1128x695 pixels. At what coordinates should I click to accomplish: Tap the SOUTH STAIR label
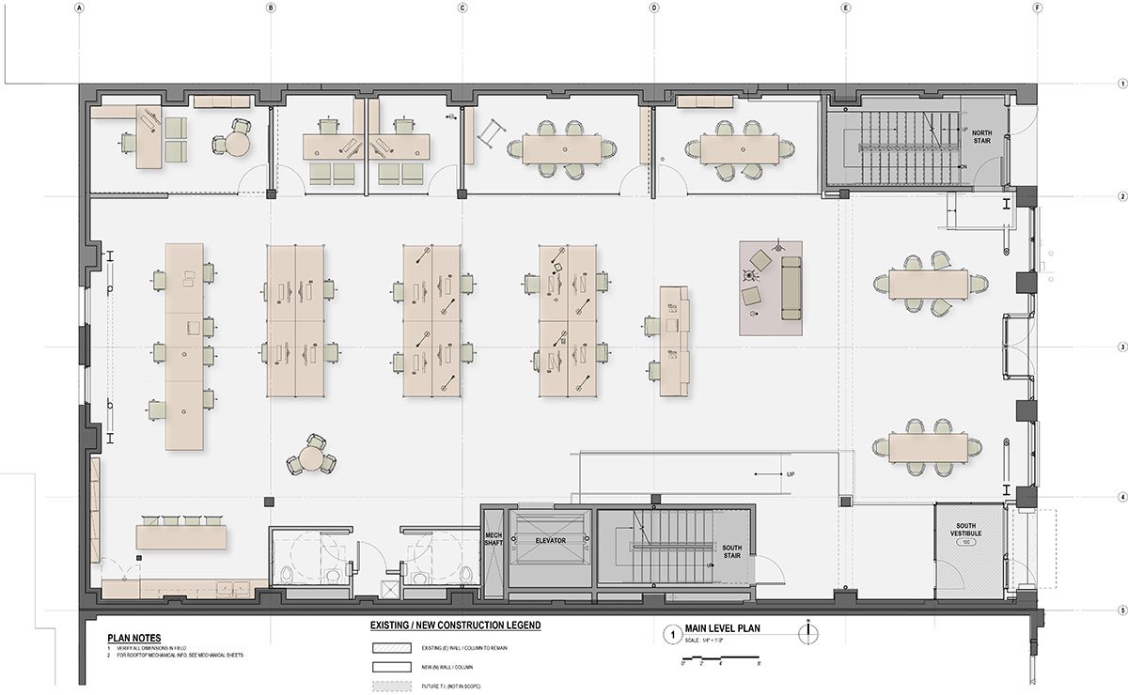click(x=732, y=551)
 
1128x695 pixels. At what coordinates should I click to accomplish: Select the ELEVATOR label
click(x=551, y=542)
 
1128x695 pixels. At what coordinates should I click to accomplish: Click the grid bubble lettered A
click(x=81, y=8)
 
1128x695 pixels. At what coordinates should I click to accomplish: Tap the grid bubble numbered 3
click(x=1122, y=347)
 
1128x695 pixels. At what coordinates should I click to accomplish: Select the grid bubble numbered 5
click(x=1122, y=611)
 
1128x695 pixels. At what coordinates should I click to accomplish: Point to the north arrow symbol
click(x=807, y=633)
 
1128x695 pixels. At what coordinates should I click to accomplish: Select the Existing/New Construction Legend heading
click(x=455, y=625)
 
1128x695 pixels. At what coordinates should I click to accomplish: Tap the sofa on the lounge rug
click(x=791, y=286)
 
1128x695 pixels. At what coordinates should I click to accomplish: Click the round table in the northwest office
click(x=237, y=143)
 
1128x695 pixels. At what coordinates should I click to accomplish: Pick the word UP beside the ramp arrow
click(x=791, y=475)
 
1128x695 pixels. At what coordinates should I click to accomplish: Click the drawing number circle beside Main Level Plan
click(x=670, y=634)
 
